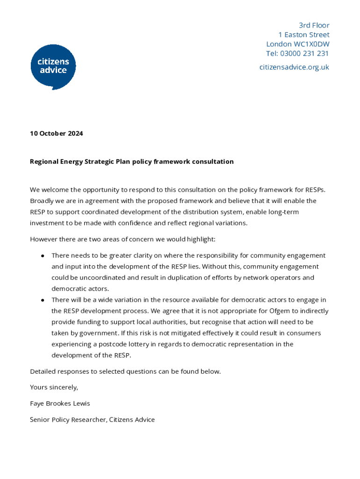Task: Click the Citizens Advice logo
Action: point(53,67)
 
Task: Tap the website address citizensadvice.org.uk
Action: point(294,67)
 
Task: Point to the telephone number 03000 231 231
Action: point(304,53)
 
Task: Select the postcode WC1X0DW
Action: point(311,44)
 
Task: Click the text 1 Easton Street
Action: point(303,35)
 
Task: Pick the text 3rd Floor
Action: point(314,25)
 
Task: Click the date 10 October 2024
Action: point(57,133)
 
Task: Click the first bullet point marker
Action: point(43,256)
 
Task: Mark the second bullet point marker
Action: point(43,300)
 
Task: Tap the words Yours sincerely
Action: point(54,387)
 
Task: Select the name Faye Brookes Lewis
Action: point(60,403)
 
